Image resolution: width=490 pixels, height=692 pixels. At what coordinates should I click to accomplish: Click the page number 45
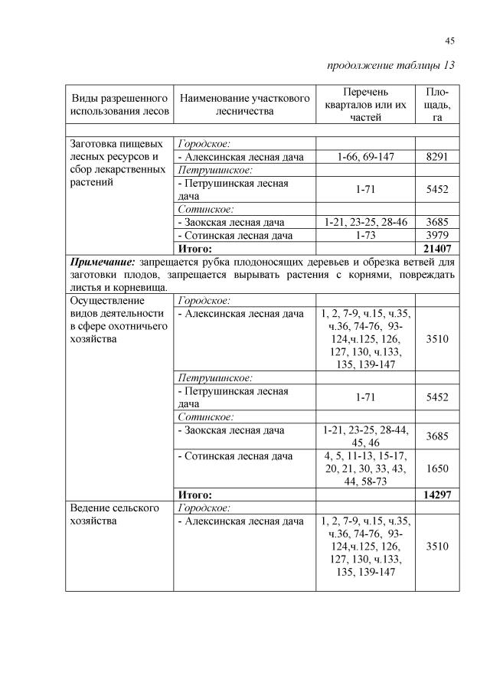click(x=449, y=41)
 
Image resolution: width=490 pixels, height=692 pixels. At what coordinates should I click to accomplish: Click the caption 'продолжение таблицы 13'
click(x=390, y=65)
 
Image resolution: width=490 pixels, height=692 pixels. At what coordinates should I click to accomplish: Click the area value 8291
click(x=436, y=157)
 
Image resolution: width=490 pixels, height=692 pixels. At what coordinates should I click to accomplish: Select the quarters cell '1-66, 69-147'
click(x=364, y=157)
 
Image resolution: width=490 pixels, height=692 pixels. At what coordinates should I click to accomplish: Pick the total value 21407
click(x=436, y=249)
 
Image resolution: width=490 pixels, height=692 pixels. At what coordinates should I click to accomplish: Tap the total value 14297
click(x=436, y=495)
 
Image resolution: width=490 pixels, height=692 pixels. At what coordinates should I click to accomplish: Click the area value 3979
click(x=436, y=236)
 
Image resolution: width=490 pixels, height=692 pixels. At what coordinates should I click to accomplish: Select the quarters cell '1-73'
click(x=364, y=236)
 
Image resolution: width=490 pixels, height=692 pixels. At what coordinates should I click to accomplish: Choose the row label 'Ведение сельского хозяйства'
click(x=114, y=514)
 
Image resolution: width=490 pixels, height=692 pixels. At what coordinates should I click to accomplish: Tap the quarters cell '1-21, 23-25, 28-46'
click(x=364, y=223)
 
